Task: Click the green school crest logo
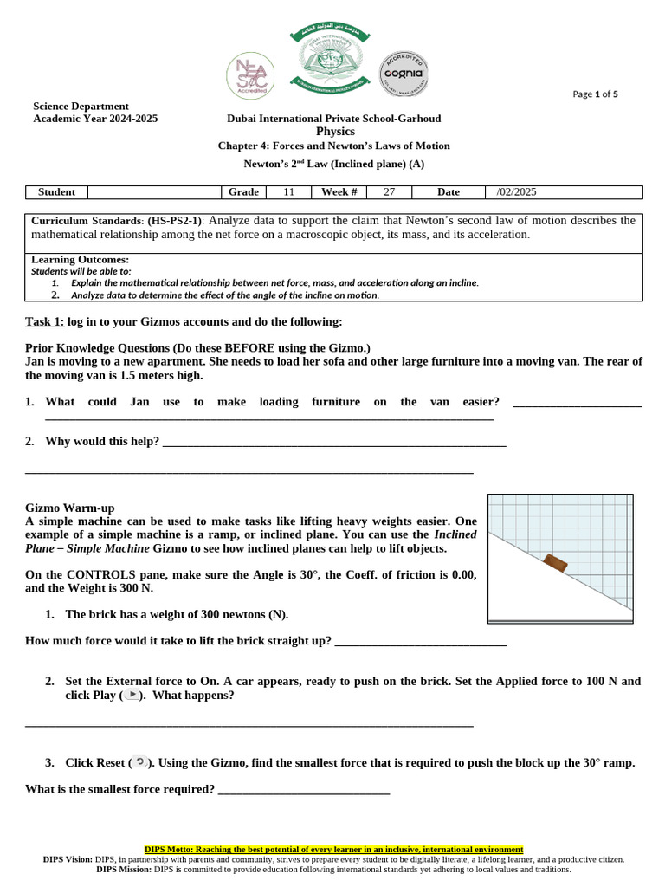click(x=333, y=62)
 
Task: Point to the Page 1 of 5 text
click(x=596, y=94)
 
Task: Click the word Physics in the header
click(x=335, y=131)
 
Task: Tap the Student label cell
click(x=57, y=192)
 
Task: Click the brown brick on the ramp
click(x=556, y=563)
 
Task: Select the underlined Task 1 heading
click(x=44, y=322)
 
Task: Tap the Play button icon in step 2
click(x=130, y=696)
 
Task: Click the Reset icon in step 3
click(x=140, y=762)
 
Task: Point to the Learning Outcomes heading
click(x=80, y=260)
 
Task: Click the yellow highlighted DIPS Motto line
click(x=333, y=850)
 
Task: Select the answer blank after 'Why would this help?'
click(x=334, y=443)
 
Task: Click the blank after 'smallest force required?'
click(x=304, y=790)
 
